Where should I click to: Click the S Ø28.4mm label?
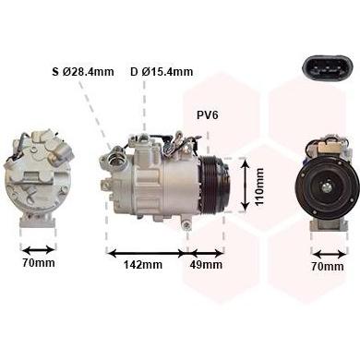click(83, 72)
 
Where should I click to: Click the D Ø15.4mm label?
click(162, 72)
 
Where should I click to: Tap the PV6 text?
click(208, 115)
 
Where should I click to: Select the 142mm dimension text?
click(143, 264)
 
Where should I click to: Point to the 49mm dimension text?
click(206, 264)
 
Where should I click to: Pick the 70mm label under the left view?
click(39, 262)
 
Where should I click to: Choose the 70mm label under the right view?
click(328, 267)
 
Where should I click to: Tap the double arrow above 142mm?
click(147, 254)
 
